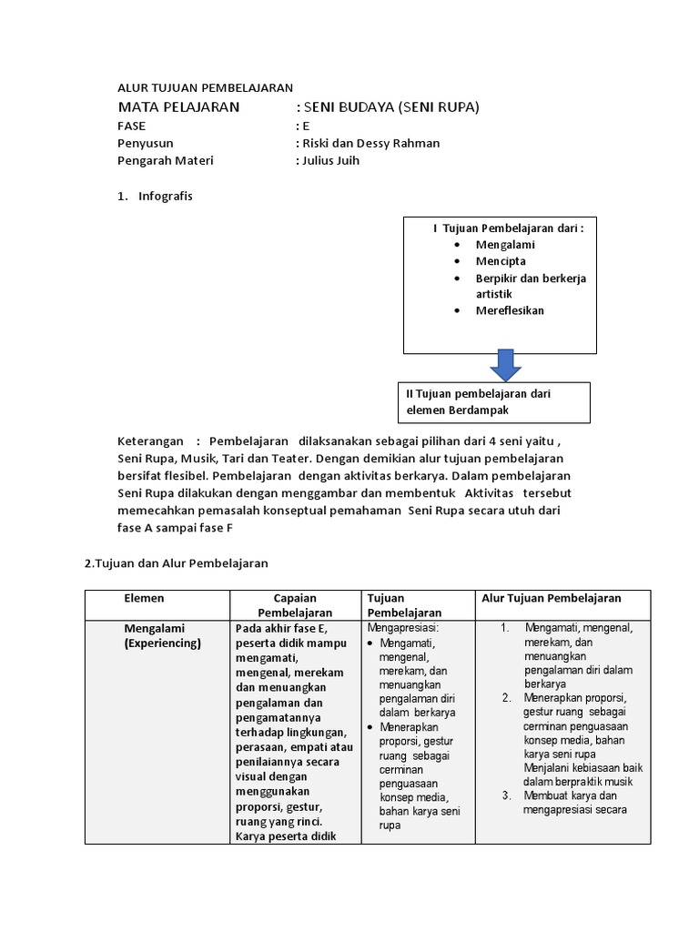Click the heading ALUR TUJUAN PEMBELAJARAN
[205, 88]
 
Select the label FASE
[132, 126]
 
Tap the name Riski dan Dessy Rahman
[369, 143]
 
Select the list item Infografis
[165, 196]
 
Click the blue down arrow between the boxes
[505, 366]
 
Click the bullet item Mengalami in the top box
[505, 245]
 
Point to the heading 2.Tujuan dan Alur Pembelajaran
[177, 563]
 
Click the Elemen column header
[144, 598]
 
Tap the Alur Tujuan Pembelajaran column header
[551, 598]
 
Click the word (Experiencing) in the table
[163, 643]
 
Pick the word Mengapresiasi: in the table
[403, 628]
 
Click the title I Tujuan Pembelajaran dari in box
[508, 228]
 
